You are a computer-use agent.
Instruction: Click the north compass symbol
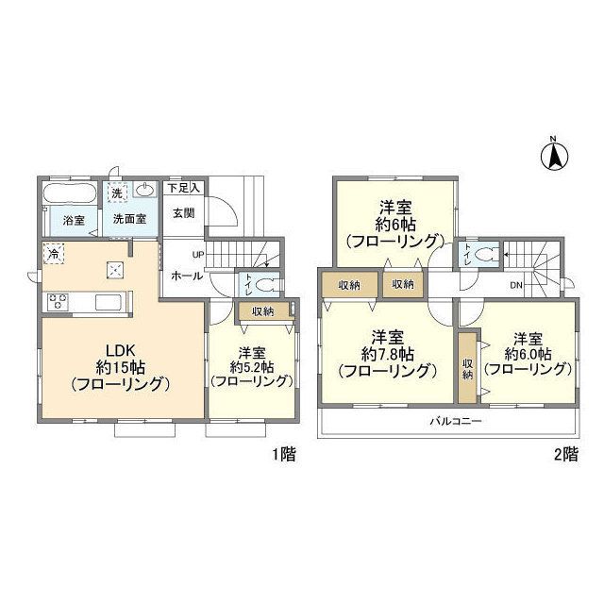[x=554, y=155]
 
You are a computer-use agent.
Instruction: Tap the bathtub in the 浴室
[x=69, y=193]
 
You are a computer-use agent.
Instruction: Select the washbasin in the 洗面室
[x=145, y=189]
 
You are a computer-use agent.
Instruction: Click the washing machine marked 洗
[x=117, y=191]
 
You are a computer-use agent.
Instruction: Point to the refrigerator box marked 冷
[x=54, y=254]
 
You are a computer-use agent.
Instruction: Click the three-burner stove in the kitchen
[x=58, y=301]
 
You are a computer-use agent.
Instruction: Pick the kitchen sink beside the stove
[x=109, y=302]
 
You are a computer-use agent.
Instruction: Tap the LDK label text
[x=120, y=350]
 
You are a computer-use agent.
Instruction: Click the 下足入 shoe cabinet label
[x=184, y=189]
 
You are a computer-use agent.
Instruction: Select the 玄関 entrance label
[x=184, y=212]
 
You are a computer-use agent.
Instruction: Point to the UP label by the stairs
[x=198, y=255]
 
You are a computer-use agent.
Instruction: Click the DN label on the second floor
[x=516, y=285]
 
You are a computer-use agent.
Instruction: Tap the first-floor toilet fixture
[x=267, y=285]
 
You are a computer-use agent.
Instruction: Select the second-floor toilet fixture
[x=486, y=254]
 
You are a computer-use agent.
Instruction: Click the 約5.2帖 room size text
[x=252, y=367]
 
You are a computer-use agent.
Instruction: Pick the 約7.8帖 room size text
[x=388, y=353]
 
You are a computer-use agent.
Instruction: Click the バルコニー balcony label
[x=456, y=421]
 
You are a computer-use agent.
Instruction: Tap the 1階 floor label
[x=284, y=455]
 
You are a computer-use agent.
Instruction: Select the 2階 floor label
[x=566, y=455]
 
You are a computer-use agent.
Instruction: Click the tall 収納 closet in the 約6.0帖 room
[x=468, y=367]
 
